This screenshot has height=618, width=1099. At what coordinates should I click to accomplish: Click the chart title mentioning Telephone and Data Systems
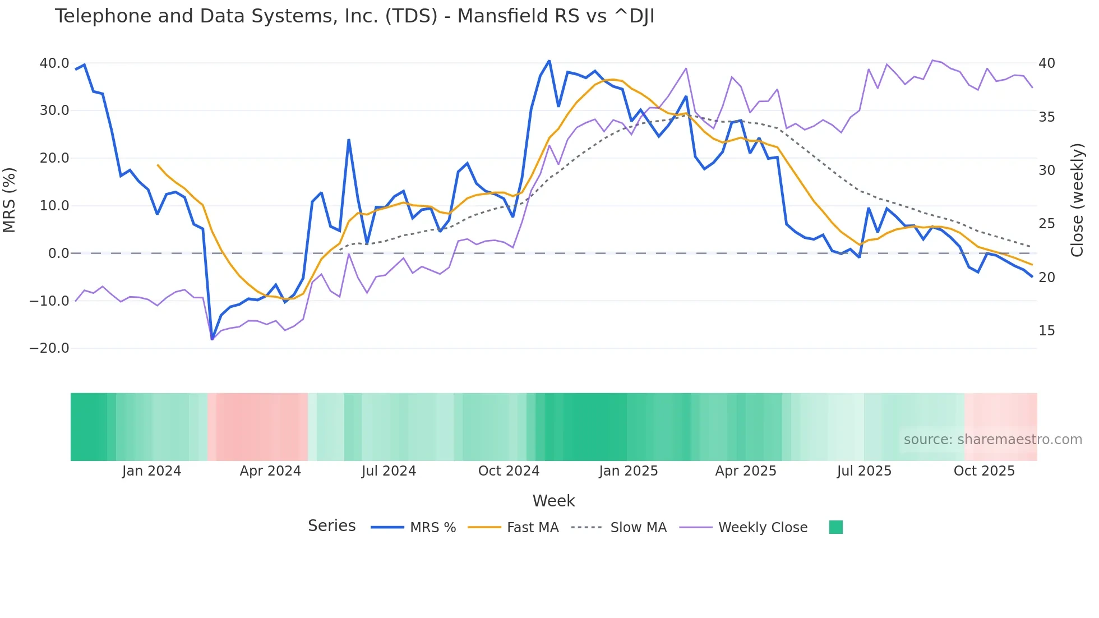[354, 16]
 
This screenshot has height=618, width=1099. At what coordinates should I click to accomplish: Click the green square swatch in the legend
[835, 527]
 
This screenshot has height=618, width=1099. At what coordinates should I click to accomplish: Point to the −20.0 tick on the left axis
[49, 348]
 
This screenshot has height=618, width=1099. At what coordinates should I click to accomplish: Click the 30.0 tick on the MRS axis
[54, 110]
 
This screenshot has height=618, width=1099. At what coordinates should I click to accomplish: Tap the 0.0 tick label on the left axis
[58, 253]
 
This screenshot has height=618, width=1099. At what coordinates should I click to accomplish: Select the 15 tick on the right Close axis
[1046, 331]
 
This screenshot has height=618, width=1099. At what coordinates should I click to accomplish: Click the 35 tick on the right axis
[1046, 117]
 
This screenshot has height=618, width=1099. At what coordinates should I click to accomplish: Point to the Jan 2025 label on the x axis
[628, 471]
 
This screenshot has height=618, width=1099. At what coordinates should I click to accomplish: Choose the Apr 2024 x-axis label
[270, 471]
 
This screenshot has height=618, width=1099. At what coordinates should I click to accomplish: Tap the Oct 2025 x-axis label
[984, 471]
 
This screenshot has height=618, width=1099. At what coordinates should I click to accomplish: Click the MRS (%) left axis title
[10, 200]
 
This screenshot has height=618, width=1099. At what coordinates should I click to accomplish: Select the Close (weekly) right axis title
[1077, 200]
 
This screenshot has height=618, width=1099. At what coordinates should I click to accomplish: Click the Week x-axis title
[553, 501]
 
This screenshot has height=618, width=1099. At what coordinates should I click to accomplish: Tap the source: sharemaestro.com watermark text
[992, 440]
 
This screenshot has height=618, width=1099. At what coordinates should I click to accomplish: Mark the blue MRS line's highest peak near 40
[549, 61]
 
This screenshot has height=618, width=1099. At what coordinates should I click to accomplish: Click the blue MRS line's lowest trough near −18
[212, 339]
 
